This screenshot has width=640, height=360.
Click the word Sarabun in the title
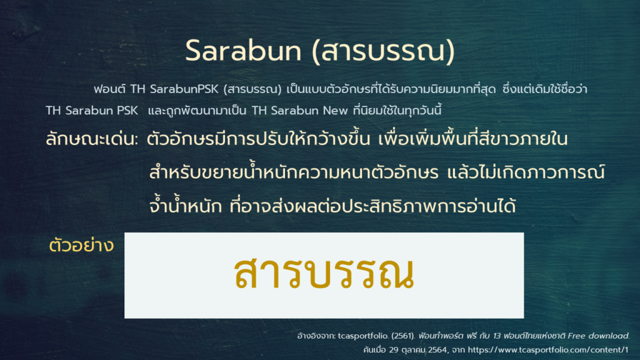pos(243,51)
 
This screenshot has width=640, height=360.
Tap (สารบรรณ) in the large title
pos(383,51)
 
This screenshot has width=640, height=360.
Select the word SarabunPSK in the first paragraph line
pos(184,89)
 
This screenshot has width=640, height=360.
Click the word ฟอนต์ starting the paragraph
pos(109,89)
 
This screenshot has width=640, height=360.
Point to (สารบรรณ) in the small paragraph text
pos(252,89)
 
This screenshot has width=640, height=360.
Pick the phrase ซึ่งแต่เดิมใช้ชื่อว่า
pos(545,89)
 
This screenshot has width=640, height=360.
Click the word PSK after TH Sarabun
pos(127,111)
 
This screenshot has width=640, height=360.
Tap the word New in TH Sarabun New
pos(336,111)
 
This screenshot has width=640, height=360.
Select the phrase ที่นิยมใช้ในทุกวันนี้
pos(397,110)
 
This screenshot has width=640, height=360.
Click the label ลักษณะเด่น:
pos(92,139)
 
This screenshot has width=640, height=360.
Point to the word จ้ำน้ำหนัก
pos(186,206)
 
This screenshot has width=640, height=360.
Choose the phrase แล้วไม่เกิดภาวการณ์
pos(526,172)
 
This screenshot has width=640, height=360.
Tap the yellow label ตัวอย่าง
pos(81,246)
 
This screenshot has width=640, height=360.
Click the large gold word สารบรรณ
pos(324,273)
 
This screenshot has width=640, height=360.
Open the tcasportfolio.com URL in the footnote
pos(548,350)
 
